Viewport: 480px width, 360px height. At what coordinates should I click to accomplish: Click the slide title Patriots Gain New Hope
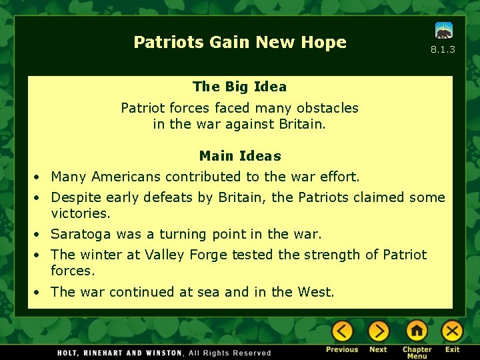[x=240, y=42]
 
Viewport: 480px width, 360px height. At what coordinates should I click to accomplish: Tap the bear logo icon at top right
[x=444, y=31]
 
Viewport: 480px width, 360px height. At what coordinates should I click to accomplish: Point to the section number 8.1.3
[x=443, y=49]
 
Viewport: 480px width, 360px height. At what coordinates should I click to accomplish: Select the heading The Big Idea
[x=239, y=87]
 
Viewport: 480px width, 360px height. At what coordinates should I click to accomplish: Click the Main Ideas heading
[x=240, y=156]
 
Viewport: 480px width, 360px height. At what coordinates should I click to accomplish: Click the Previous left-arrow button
[x=342, y=331]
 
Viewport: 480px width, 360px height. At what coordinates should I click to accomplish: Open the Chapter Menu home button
[x=417, y=331]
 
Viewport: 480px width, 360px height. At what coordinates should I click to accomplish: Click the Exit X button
[x=453, y=331]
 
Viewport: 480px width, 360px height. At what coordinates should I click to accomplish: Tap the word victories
[x=80, y=213]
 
